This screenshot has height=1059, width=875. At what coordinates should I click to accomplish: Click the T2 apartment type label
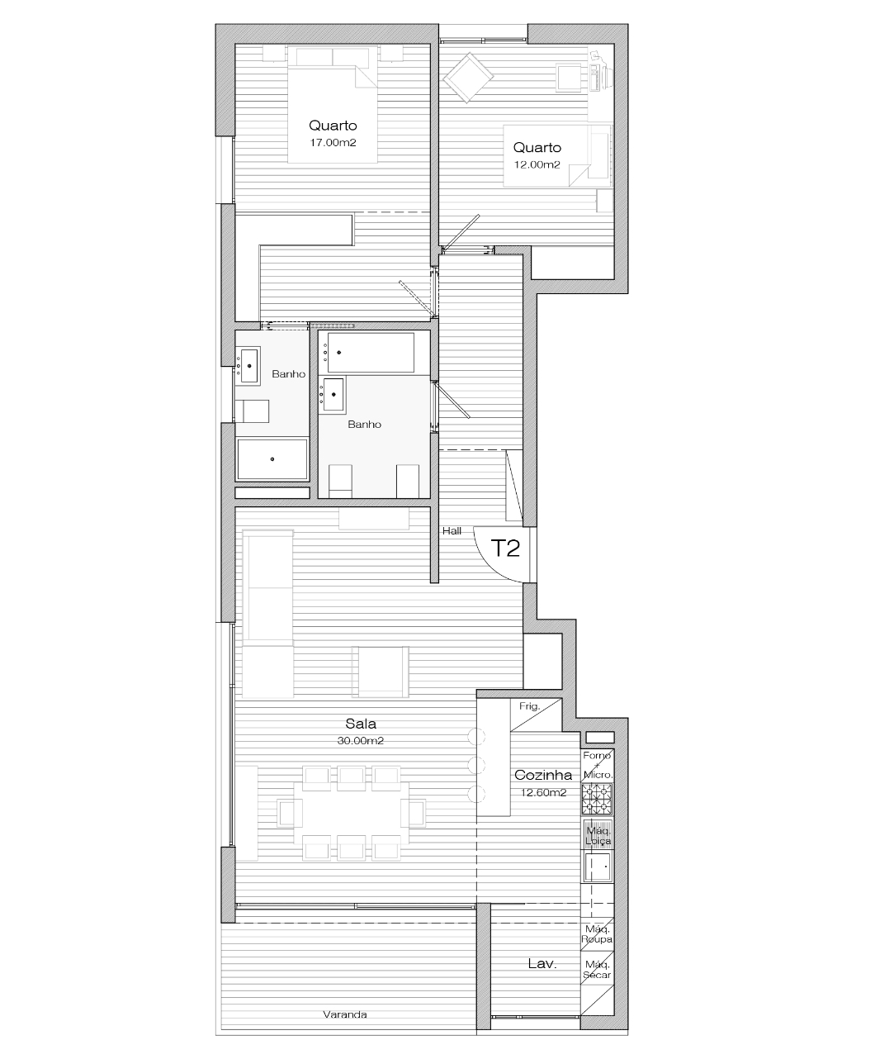[505, 548]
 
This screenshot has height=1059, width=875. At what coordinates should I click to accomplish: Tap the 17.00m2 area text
[333, 143]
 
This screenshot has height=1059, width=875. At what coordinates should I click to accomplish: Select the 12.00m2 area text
[537, 164]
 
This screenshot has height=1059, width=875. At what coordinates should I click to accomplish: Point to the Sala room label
[361, 724]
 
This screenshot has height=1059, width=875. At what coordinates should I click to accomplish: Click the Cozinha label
[543, 775]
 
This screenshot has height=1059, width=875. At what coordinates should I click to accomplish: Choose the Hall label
[452, 531]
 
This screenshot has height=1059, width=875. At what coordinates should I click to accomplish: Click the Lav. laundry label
[542, 964]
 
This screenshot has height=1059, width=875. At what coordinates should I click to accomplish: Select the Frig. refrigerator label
[530, 706]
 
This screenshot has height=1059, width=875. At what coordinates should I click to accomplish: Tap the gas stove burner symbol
[597, 799]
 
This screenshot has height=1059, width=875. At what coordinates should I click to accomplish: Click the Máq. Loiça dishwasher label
[598, 836]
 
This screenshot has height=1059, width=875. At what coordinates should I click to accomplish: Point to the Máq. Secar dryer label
[597, 969]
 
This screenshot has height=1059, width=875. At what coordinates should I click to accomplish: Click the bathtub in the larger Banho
[370, 353]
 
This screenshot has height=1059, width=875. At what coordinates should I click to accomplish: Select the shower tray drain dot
[272, 459]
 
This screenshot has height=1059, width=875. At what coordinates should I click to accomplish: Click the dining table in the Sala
[352, 812]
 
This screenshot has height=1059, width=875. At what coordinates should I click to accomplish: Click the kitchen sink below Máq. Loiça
[598, 867]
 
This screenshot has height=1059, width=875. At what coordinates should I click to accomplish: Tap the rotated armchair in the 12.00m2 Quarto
[468, 78]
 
